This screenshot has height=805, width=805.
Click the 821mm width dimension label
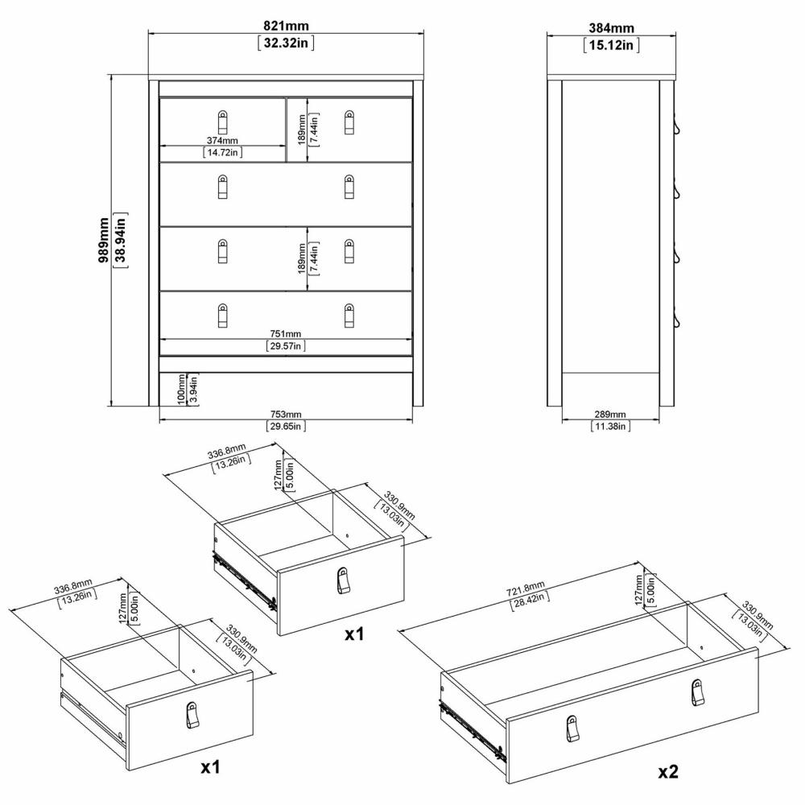tap(286, 25)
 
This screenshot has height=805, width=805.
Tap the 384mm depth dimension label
tap(612, 27)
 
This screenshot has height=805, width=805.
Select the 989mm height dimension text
tap(103, 240)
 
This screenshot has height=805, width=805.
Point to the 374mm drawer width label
tap(222, 140)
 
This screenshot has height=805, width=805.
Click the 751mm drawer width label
tap(286, 334)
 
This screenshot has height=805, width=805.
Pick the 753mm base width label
tap(286, 415)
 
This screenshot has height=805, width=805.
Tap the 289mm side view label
tap(610, 415)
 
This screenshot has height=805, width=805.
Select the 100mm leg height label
tap(181, 390)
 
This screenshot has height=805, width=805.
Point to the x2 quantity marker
tap(668, 772)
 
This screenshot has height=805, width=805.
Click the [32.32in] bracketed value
tap(286, 43)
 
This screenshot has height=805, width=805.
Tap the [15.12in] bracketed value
tap(612, 45)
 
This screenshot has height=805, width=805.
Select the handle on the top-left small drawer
tap(222, 122)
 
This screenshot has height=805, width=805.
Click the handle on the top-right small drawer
tap(349, 122)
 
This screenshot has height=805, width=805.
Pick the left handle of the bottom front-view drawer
tap(222, 316)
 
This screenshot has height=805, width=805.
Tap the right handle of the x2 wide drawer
tap(696, 692)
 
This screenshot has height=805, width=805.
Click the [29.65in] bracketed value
tap(286, 426)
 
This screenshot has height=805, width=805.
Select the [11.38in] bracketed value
tap(610, 426)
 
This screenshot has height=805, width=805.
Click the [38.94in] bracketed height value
tap(122, 240)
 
